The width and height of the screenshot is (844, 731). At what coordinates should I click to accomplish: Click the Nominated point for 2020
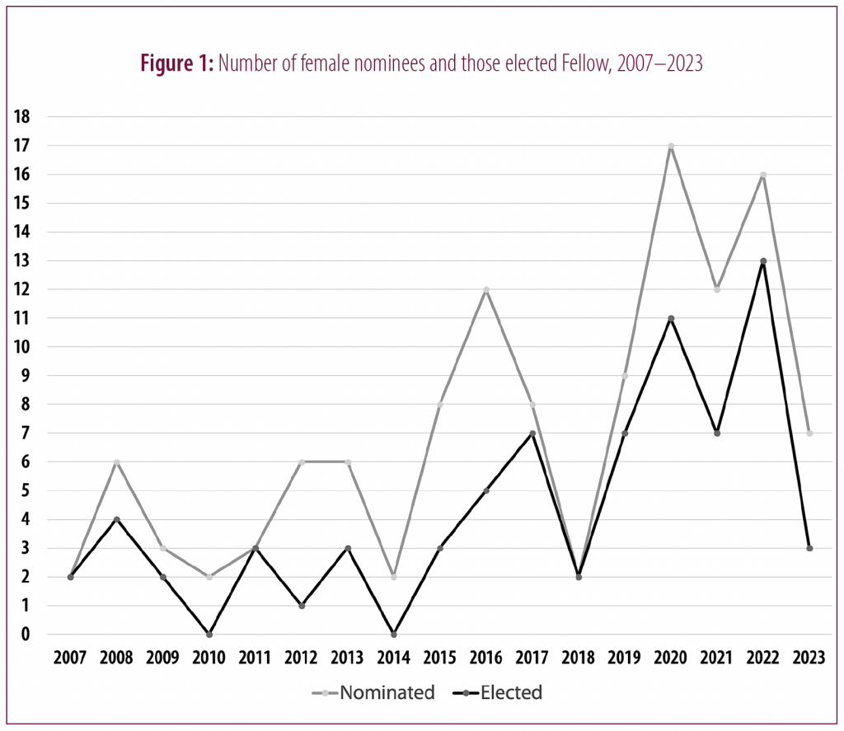[x=671, y=146]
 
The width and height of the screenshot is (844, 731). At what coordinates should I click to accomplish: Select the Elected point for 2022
[x=763, y=261]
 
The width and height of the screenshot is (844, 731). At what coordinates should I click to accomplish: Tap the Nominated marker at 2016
[x=486, y=289]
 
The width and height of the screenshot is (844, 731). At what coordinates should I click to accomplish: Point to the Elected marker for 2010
[x=209, y=635]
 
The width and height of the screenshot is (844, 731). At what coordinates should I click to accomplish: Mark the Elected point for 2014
[x=394, y=635]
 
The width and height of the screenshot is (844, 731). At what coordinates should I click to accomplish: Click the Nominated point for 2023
[x=809, y=433]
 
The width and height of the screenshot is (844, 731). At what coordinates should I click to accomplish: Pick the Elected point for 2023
[x=809, y=548]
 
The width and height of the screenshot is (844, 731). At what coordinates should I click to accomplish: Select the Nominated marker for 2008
[x=117, y=462]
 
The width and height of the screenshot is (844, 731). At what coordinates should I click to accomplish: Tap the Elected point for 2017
[x=532, y=433]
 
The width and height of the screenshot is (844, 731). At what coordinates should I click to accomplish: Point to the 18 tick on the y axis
[x=22, y=117]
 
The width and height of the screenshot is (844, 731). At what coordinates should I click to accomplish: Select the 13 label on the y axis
[x=22, y=261]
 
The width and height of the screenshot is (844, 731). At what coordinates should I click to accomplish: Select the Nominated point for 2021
[x=717, y=289]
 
